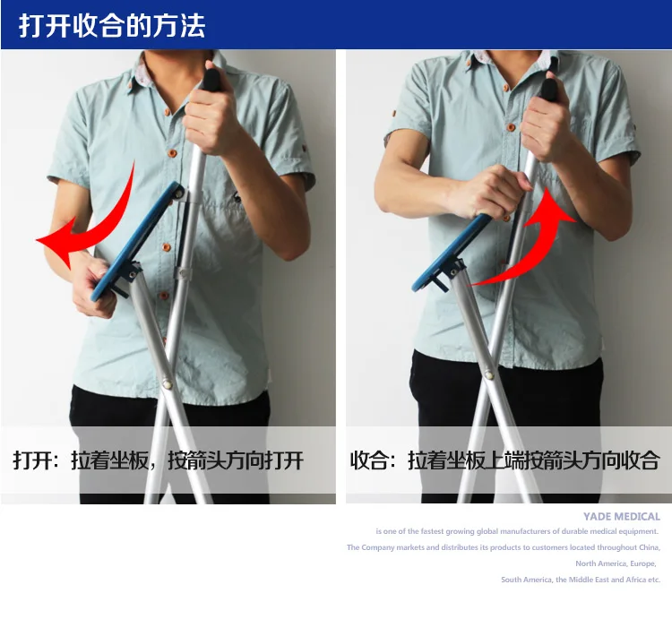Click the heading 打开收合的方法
click(112, 26)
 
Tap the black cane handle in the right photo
click(549, 90)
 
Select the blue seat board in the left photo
click(137, 241)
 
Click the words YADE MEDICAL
click(622, 517)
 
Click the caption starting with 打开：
click(158, 460)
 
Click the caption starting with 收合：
click(504, 460)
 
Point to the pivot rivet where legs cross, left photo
click(168, 384)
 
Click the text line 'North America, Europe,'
click(616, 563)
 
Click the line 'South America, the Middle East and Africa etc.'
click(581, 580)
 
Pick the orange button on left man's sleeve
click(305, 149)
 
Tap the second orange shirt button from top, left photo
click(172, 153)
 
